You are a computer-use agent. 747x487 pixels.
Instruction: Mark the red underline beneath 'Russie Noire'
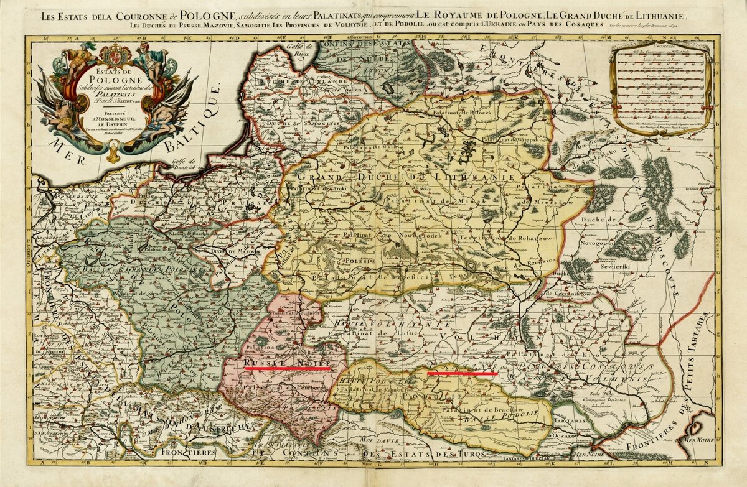pyautogui.click(x=287, y=369)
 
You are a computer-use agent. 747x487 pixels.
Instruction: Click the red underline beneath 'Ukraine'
pyautogui.click(x=462, y=374)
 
